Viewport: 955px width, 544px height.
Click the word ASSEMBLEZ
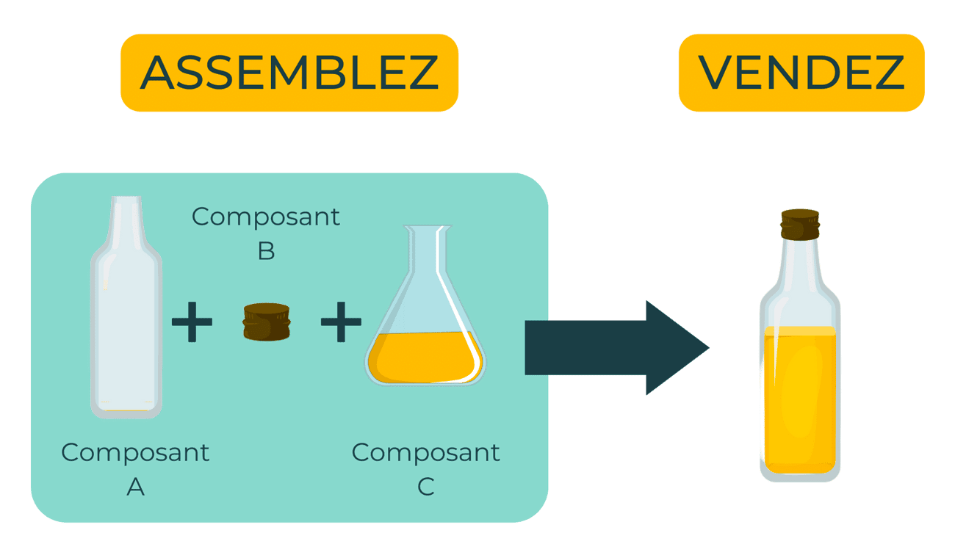pyautogui.click(x=289, y=72)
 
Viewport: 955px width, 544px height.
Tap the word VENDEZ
pyautogui.click(x=801, y=72)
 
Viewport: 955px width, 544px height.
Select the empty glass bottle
pyautogui.click(x=126, y=330)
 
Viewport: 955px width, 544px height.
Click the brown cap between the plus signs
pyautogui.click(x=266, y=322)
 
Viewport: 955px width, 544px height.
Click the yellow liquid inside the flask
pyautogui.click(x=425, y=358)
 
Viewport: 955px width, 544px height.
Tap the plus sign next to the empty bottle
pyautogui.click(x=192, y=322)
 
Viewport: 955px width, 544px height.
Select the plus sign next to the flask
pyautogui.click(x=341, y=322)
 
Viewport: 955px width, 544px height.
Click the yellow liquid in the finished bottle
pyautogui.click(x=799, y=396)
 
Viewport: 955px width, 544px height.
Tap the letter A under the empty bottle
pyautogui.click(x=135, y=486)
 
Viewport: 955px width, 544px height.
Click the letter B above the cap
pyautogui.click(x=266, y=251)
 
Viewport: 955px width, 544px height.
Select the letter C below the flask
pyautogui.click(x=426, y=486)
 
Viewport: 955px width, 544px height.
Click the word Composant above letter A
pyautogui.click(x=135, y=452)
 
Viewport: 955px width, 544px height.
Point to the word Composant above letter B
pyautogui.click(x=266, y=217)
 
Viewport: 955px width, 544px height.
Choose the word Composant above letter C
pyautogui.click(x=426, y=452)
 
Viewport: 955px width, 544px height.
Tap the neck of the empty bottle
pyautogui.click(x=126, y=217)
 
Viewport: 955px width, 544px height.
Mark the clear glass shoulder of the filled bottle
pyautogui.click(x=799, y=283)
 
